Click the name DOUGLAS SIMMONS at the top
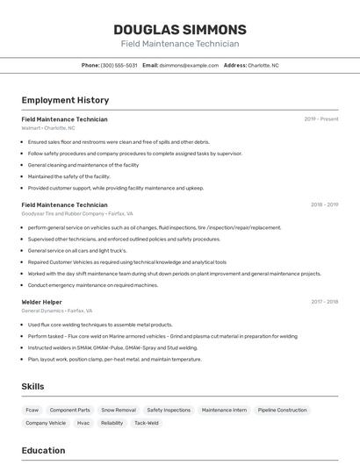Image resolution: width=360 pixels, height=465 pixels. tap(179, 29)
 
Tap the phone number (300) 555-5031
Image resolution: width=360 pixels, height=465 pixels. tap(119, 65)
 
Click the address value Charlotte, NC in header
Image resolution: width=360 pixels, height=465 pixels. tap(263, 65)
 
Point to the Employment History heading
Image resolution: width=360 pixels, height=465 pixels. tap(65, 100)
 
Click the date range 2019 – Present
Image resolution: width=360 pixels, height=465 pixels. tap(321, 119)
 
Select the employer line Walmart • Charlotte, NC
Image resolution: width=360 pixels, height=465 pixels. tap(48, 128)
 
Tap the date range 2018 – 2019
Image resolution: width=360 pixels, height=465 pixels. tap(324, 205)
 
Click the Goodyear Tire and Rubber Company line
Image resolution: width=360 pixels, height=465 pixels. tap(77, 213)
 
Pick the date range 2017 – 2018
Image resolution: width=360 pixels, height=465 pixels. tap(324, 302)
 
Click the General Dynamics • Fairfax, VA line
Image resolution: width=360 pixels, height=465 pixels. tap(57, 311)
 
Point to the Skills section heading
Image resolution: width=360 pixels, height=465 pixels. tap(32, 386)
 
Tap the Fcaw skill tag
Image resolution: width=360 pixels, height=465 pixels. tap(32, 410)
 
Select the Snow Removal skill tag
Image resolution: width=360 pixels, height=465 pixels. tap(119, 410)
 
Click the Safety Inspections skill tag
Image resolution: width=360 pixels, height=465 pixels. tap(169, 410)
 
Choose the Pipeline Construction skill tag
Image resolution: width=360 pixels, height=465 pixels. tap(282, 410)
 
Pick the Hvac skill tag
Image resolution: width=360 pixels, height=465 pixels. tap(83, 423)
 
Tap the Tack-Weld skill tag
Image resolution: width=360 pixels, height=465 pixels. tap(147, 423)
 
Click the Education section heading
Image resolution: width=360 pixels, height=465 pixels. tap(43, 451)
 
